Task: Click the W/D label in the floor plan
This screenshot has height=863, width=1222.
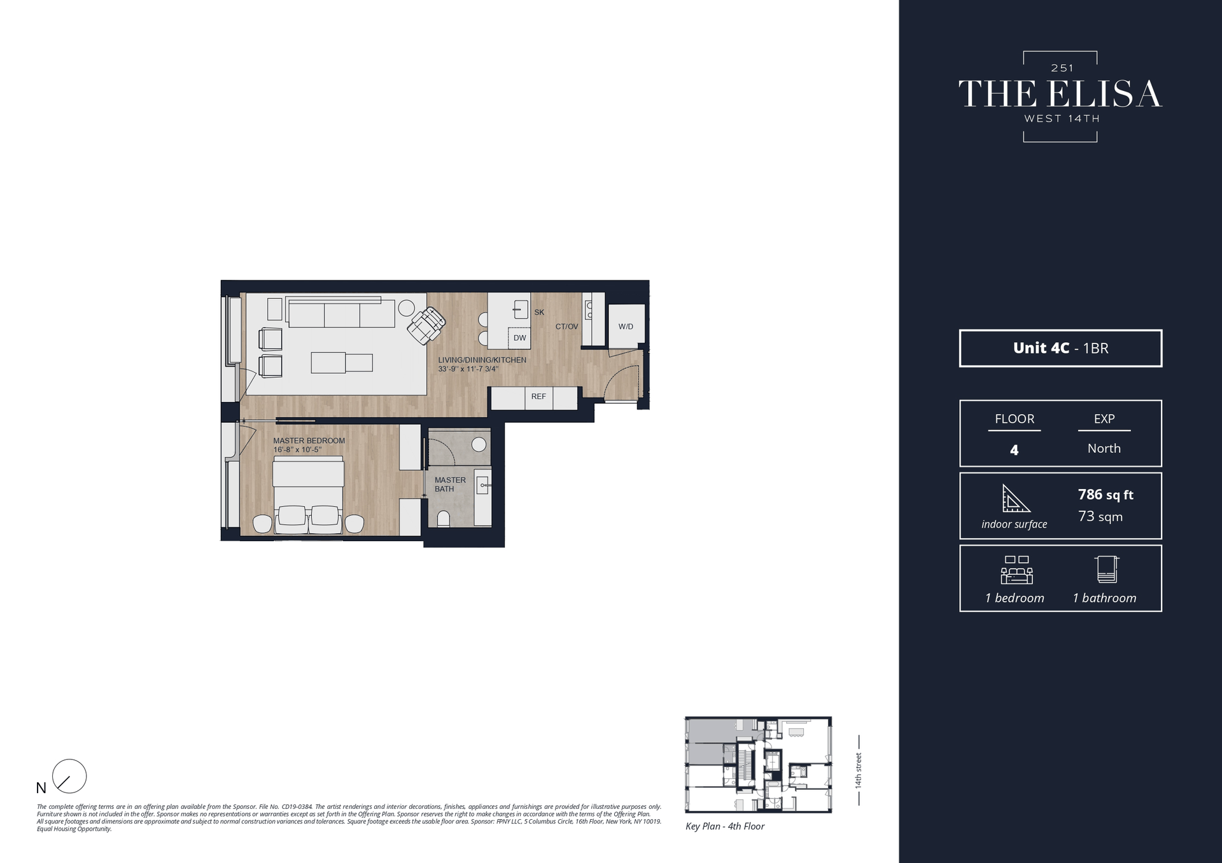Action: click(x=626, y=326)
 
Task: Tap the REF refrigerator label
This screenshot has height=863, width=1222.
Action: click(x=538, y=396)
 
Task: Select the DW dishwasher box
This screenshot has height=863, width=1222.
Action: click(x=520, y=338)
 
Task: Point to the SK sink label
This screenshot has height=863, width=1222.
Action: click(x=539, y=312)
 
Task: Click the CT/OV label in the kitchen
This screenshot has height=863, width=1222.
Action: click(x=566, y=326)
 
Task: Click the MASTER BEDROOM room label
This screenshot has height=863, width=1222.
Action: click(x=309, y=441)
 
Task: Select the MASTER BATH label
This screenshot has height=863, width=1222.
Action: click(x=450, y=485)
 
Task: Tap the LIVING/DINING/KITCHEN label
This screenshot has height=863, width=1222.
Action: click(x=482, y=360)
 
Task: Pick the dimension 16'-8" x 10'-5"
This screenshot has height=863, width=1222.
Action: click(x=297, y=450)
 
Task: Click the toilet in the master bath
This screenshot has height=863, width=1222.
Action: click(x=444, y=519)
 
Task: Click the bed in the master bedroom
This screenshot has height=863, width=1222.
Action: click(x=309, y=493)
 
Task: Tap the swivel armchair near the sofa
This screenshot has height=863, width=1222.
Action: click(x=426, y=325)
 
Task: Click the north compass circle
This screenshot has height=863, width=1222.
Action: click(x=69, y=776)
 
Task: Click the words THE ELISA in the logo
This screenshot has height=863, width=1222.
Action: click(x=1060, y=94)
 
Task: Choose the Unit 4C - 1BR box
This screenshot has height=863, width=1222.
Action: click(x=1060, y=348)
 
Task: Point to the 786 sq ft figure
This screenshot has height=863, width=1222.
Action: click(x=1106, y=494)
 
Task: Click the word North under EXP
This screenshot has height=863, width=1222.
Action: click(x=1104, y=448)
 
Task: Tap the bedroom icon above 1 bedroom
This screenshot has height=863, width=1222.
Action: click(x=1016, y=570)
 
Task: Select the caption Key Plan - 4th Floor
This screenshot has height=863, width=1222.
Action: click(x=725, y=826)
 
